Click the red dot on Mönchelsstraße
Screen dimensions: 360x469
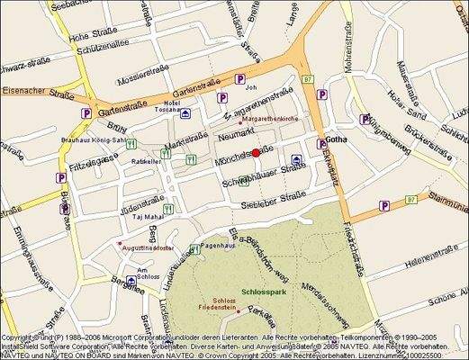click(x=256, y=153)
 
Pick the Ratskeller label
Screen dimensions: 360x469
click(x=146, y=162)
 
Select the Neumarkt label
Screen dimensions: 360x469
click(x=238, y=134)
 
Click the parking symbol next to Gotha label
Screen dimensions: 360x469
click(x=321, y=143)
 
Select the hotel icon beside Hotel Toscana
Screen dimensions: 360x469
click(x=185, y=114)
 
